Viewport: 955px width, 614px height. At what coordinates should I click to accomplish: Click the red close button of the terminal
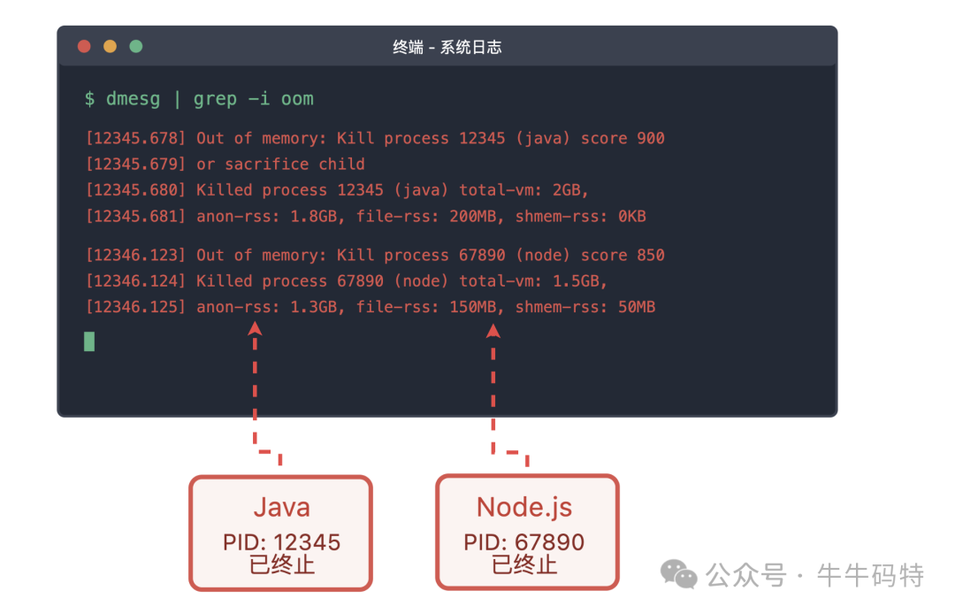pos(84,46)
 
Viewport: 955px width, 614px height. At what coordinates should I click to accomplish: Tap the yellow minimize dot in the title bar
pos(111,46)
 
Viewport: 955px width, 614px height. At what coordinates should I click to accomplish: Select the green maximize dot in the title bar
pos(136,46)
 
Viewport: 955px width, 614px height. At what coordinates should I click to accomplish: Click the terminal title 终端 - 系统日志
pos(447,47)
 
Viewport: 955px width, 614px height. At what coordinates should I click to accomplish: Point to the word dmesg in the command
pos(133,99)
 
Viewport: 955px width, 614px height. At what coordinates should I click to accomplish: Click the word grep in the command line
pos(215,99)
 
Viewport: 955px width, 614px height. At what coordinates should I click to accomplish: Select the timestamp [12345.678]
pos(135,138)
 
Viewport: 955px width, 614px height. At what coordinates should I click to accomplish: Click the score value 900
pos(651,138)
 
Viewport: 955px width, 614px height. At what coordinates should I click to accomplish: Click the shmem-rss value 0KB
pos(631,216)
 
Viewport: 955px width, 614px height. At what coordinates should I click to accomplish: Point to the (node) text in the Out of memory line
pos(543,255)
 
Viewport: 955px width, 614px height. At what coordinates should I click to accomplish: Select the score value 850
pos(651,255)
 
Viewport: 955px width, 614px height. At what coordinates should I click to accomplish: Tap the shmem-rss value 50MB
pos(637,307)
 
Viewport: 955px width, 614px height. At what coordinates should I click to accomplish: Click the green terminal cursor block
pos(89,342)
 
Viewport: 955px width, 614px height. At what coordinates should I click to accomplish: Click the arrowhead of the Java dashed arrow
pos(256,329)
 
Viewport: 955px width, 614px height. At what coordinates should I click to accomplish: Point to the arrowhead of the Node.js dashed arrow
pos(493,331)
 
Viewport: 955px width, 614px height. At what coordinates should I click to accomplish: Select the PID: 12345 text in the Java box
pos(281,542)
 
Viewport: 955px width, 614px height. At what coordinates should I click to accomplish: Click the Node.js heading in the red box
pos(524,508)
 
